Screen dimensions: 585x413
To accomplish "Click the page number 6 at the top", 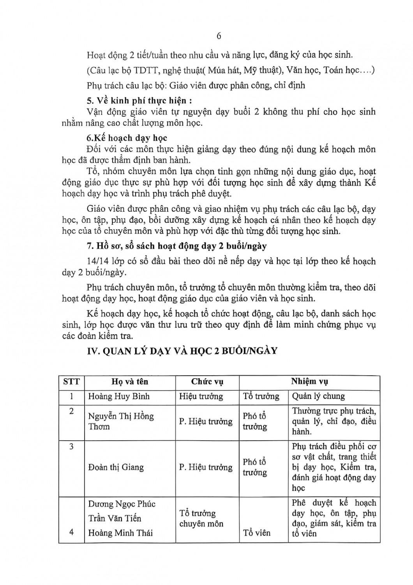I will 219,36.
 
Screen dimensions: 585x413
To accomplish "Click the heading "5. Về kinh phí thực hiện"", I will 139,100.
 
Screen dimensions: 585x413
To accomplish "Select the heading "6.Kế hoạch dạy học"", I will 127,138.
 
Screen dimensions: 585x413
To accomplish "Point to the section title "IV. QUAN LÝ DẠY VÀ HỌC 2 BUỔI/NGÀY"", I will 182,351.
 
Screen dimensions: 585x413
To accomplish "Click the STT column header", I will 71,381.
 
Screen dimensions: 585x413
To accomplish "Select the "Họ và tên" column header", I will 130,381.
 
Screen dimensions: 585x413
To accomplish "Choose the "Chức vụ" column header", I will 207,381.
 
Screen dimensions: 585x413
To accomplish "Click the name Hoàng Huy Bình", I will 119,396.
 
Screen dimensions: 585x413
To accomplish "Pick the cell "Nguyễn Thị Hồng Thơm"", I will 121,421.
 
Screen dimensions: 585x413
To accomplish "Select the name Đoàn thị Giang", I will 116,467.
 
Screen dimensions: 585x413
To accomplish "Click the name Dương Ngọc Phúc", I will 122,504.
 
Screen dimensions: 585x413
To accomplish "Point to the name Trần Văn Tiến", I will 115,518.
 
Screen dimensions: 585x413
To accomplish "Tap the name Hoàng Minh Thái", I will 120,533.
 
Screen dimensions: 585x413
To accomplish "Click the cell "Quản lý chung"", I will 318,396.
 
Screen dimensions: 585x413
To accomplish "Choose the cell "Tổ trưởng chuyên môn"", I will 201,518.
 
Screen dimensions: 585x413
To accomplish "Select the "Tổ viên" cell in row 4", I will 257,533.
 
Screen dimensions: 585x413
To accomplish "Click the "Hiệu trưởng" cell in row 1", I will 201,396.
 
